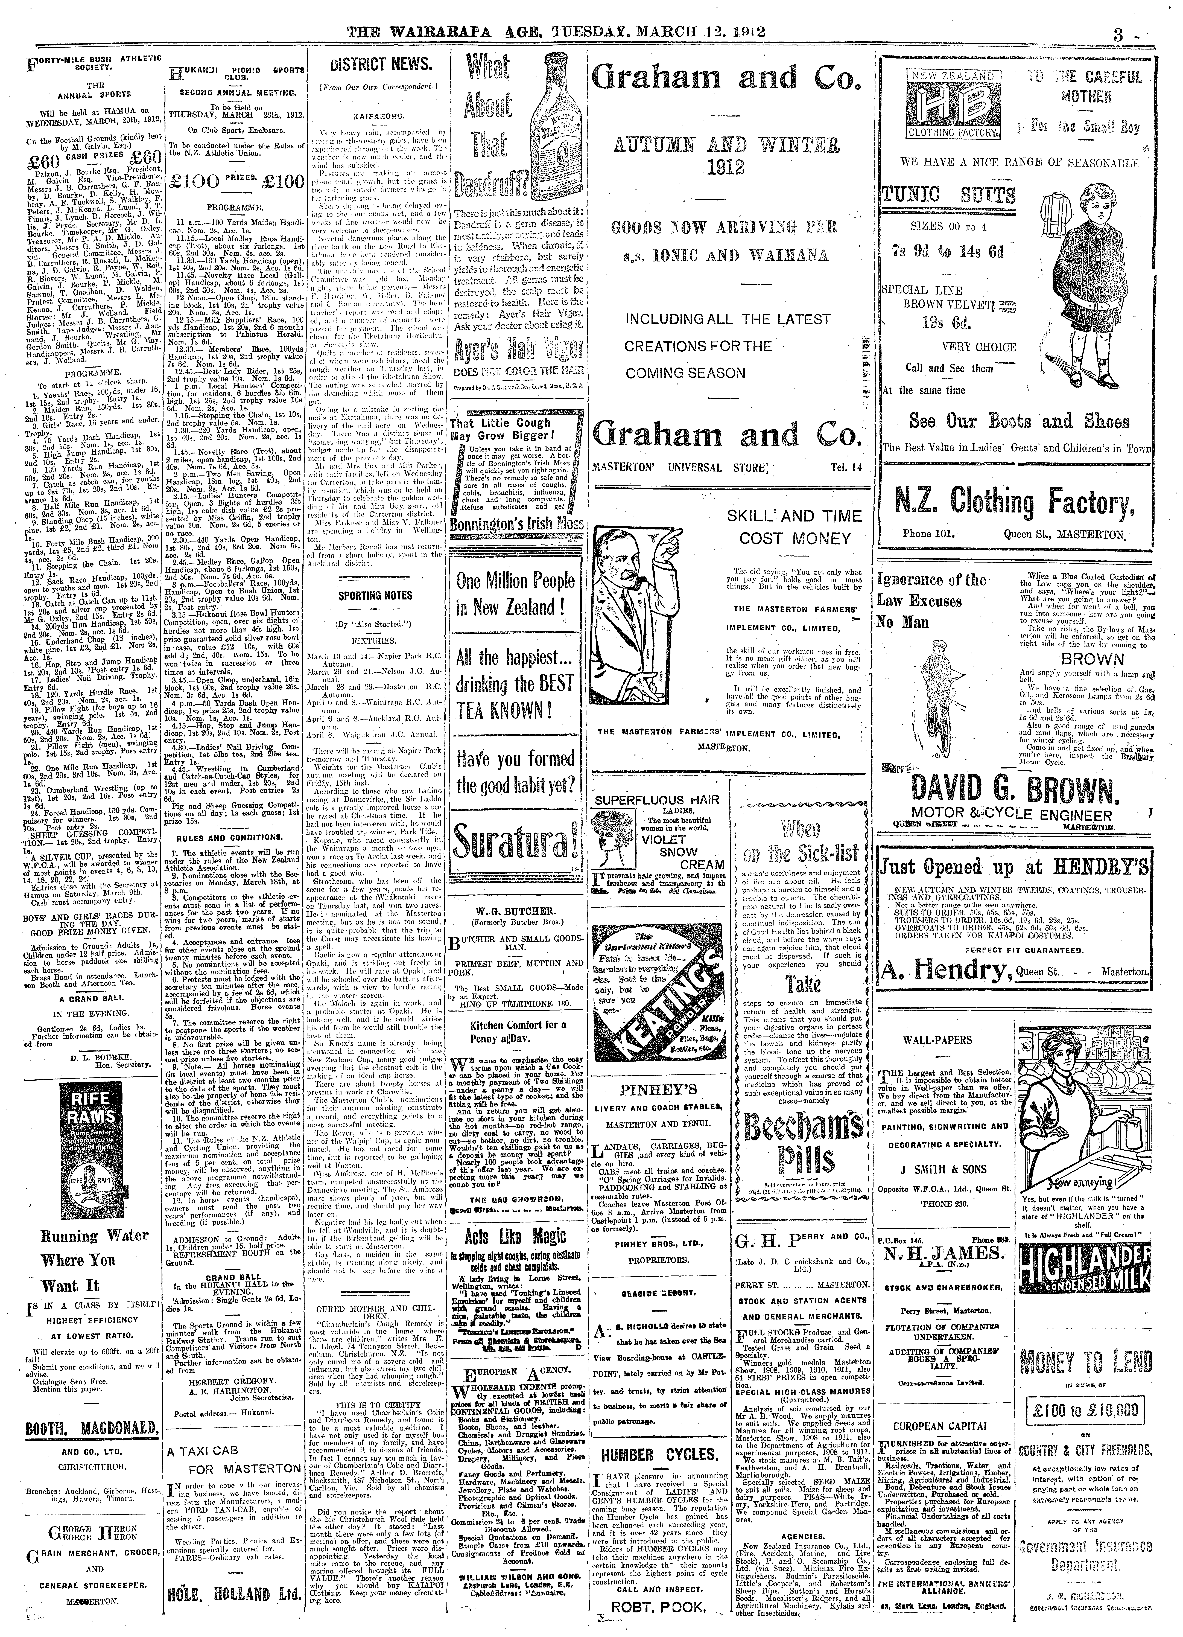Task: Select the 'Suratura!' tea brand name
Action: pyautogui.click(x=515, y=842)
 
